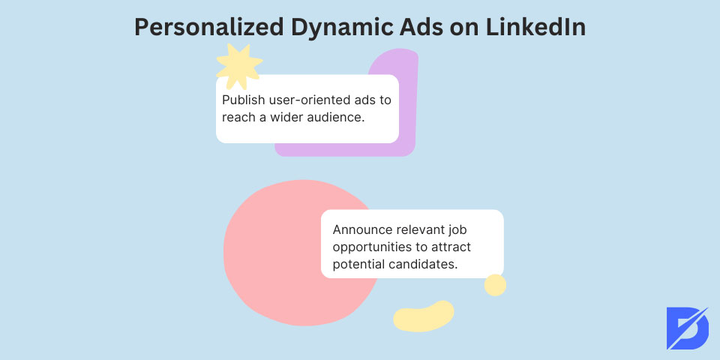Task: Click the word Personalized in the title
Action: [x=208, y=28]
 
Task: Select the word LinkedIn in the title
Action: [x=535, y=27]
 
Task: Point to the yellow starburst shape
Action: [x=238, y=67]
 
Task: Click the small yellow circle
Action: [x=495, y=285]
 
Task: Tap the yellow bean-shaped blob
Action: [x=423, y=316]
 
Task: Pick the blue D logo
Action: [x=688, y=328]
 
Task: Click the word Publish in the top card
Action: [x=240, y=100]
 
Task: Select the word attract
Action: [x=451, y=247]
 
